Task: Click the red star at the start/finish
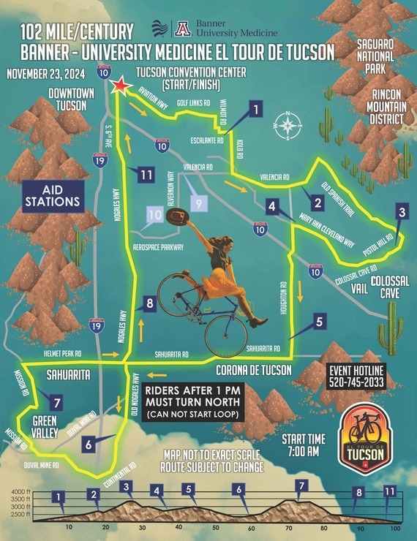click(120, 86)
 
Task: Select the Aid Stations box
click(52, 194)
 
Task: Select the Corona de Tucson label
click(255, 368)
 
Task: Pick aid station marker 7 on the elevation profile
click(300, 485)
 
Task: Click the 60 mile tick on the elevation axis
click(251, 528)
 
